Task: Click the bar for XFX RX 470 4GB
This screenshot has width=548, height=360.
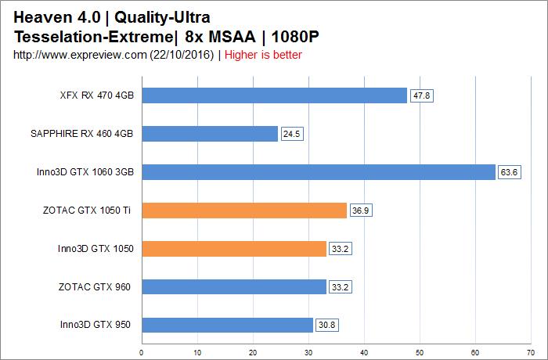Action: coord(274,95)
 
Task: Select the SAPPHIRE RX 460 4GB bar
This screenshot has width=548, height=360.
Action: coord(209,134)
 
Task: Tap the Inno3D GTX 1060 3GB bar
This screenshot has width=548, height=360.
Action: coord(318,172)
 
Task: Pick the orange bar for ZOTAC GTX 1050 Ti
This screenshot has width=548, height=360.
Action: coord(243,210)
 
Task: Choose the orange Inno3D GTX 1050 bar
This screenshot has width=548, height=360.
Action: coord(233,248)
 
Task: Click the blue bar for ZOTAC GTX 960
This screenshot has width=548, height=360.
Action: coord(233,286)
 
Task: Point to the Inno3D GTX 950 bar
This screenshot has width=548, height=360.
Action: coord(227,324)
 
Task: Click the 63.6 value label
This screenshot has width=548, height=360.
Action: coord(509,172)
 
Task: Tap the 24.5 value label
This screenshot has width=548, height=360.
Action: coord(291,134)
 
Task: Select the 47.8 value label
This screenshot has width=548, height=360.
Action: coord(421,95)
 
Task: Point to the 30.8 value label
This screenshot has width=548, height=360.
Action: coord(326,324)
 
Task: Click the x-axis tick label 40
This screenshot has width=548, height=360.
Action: coord(364,351)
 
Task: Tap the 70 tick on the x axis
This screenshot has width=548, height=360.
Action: coord(531,351)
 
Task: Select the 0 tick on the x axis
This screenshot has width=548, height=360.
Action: coord(142,351)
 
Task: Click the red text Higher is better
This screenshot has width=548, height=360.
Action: coord(263,55)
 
